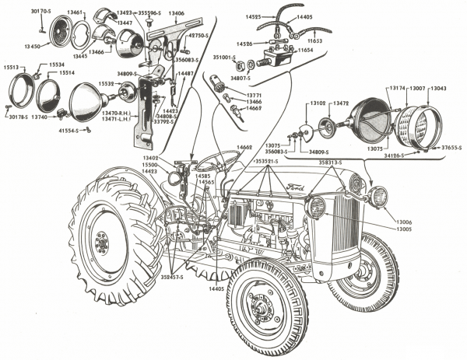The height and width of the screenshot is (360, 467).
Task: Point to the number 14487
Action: [186, 74]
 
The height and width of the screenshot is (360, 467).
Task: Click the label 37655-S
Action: [450, 147]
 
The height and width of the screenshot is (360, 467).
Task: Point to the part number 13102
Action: [318, 103]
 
